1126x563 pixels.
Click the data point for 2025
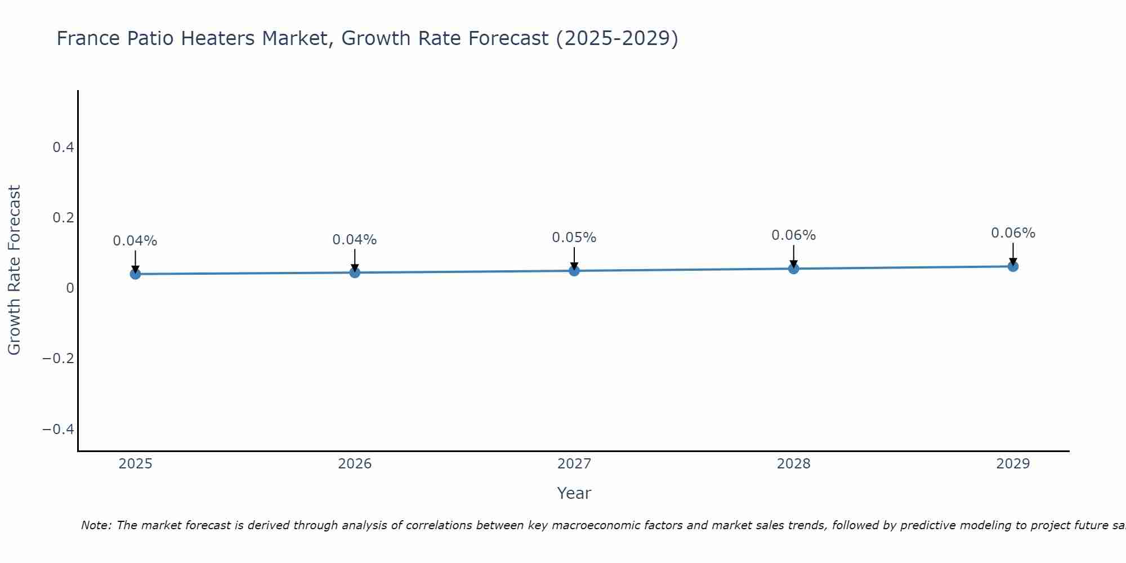click(x=135, y=274)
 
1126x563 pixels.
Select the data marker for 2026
click(x=355, y=272)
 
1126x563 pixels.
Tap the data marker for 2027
click(x=574, y=271)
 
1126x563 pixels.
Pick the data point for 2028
click(x=794, y=269)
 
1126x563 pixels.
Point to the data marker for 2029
click(x=1013, y=266)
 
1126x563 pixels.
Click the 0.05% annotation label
click(x=574, y=238)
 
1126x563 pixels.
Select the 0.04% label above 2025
click(x=135, y=241)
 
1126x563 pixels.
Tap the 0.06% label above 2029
click(x=1013, y=233)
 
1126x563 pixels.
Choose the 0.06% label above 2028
click(x=793, y=235)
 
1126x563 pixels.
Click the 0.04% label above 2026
click(x=354, y=240)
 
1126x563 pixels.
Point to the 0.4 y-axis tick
click(x=63, y=148)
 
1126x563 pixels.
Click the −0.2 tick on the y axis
click(x=59, y=359)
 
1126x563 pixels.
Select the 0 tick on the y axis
click(x=70, y=288)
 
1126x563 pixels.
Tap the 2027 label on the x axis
click(x=574, y=464)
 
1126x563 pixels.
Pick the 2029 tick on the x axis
click(x=1013, y=464)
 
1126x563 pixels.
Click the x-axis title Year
click(x=574, y=493)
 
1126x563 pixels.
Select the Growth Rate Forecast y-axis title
click(x=14, y=270)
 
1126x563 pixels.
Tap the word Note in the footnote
click(x=96, y=525)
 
